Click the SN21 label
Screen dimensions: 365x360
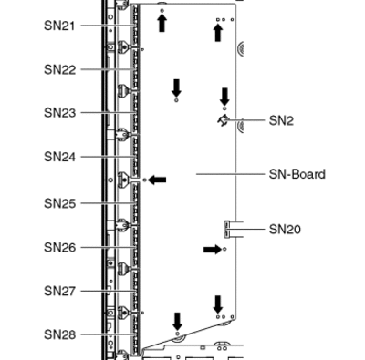click(59, 26)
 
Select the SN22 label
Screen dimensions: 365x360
click(59, 69)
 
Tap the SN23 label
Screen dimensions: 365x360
click(59, 113)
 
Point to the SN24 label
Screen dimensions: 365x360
click(59, 157)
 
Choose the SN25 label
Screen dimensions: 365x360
click(59, 203)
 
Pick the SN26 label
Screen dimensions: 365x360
click(59, 248)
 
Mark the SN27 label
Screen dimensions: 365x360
click(59, 291)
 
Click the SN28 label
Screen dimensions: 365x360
click(59, 334)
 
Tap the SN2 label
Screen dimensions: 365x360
click(281, 121)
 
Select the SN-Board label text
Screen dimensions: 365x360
click(297, 174)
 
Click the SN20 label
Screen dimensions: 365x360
click(285, 229)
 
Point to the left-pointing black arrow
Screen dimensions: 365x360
click(157, 180)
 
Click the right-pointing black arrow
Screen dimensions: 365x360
click(213, 250)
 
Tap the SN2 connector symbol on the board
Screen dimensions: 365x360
click(224, 120)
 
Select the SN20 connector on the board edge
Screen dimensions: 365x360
click(227, 229)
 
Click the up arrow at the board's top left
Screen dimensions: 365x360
click(162, 23)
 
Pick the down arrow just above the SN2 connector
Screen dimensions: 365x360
click(224, 97)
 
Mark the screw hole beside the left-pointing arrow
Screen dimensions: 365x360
click(145, 180)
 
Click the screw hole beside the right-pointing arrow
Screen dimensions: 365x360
click(224, 249)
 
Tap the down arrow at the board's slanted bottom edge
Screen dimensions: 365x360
click(177, 322)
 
